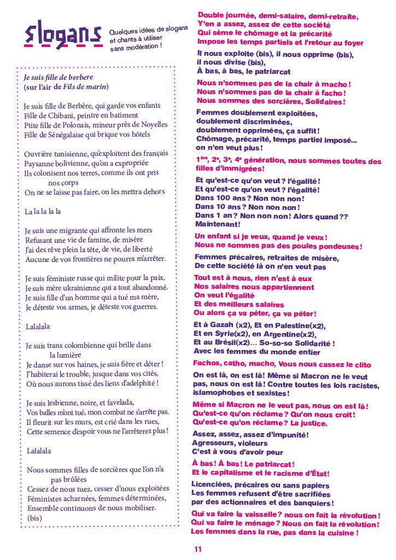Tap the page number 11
(197, 549)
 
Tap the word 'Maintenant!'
(217, 224)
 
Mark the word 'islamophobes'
(219, 393)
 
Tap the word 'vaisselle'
(251, 515)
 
